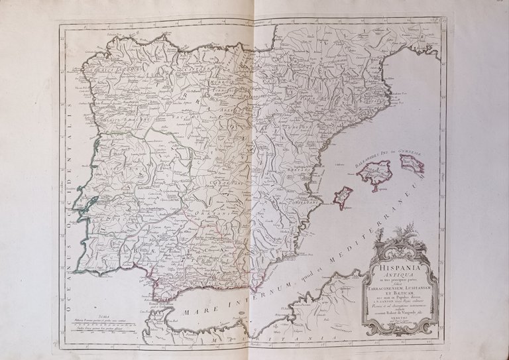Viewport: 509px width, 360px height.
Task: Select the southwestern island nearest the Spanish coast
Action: tap(343, 197)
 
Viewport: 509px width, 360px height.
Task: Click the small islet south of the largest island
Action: tap(373, 188)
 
